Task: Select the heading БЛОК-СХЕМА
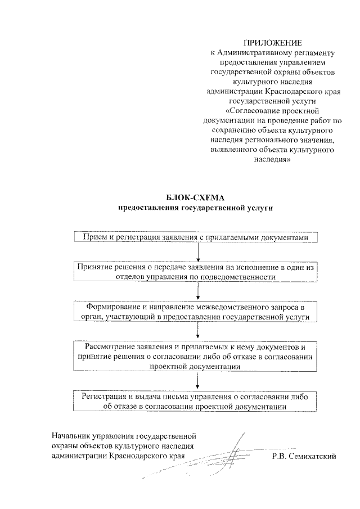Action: point(195,198)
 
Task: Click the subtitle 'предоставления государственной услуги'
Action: point(195,208)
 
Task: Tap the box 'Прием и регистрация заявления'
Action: point(196,238)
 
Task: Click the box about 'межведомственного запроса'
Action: point(196,312)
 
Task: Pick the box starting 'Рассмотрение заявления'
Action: point(196,356)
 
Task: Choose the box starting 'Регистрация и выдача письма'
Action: point(196,401)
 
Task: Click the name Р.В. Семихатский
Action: point(303,456)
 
